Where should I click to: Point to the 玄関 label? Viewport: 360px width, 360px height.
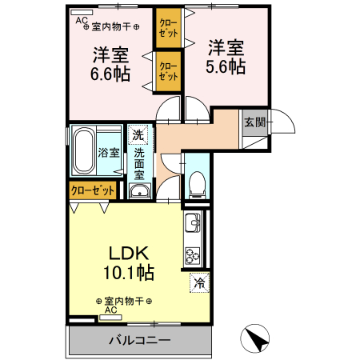coord(254,122)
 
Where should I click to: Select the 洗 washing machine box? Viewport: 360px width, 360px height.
coord(138,134)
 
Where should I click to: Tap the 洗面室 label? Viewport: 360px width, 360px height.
coord(138,162)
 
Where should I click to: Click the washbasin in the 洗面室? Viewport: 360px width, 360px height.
coord(139,190)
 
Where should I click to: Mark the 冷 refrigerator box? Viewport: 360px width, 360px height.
coord(198,282)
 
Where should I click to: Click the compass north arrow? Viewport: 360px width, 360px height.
coord(258,338)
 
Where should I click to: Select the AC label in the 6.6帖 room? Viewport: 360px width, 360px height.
coord(82,22)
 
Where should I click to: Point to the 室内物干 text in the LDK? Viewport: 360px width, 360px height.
coord(123,301)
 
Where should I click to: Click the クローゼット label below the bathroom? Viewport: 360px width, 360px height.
coord(91,190)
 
